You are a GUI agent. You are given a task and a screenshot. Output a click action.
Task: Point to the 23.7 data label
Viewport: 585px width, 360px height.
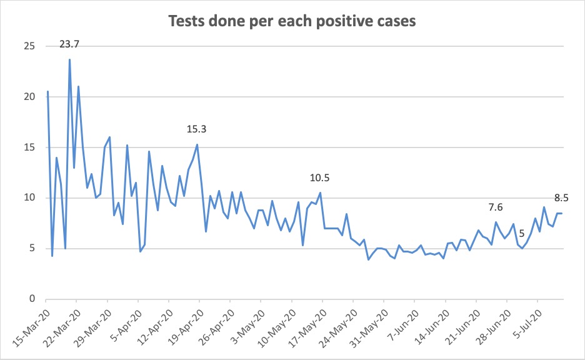tap(69, 44)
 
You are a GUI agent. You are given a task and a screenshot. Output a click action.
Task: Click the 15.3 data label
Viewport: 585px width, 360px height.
tap(196, 129)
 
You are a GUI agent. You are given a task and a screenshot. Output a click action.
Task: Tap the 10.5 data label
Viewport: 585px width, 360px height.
tap(319, 178)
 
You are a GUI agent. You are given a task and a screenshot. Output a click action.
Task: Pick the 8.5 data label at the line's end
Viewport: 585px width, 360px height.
tap(562, 198)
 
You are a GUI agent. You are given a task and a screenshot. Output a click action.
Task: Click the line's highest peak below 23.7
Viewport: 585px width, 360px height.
tap(69, 60)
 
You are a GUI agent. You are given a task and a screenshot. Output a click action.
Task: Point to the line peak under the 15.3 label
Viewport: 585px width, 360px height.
tap(197, 145)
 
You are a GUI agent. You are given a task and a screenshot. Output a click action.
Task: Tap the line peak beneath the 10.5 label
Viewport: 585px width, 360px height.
tap(320, 192)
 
